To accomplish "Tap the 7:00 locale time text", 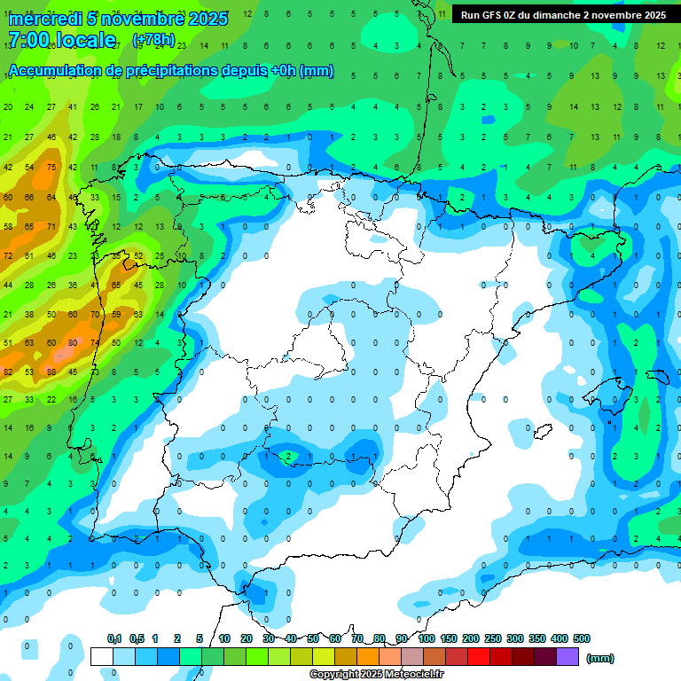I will (62, 40).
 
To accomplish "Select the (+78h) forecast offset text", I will (153, 40).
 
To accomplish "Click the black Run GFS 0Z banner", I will (563, 15).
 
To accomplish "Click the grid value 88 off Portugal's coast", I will (51, 372).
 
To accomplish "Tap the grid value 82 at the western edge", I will (8, 372).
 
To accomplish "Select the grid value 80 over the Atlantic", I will (73, 343).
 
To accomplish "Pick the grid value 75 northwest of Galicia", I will (51, 168).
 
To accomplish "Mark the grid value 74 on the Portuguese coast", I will (95, 343).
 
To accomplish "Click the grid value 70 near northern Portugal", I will (95, 314).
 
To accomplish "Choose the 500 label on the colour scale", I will (582, 638).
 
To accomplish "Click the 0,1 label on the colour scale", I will (114, 638).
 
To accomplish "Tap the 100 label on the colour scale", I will (427, 638).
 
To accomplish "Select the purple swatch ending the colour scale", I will (567, 656).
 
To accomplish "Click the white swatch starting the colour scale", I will (102, 656).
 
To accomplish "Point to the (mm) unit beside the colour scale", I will (600, 658).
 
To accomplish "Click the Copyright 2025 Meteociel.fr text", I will (376, 675).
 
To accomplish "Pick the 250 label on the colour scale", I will (493, 638).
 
